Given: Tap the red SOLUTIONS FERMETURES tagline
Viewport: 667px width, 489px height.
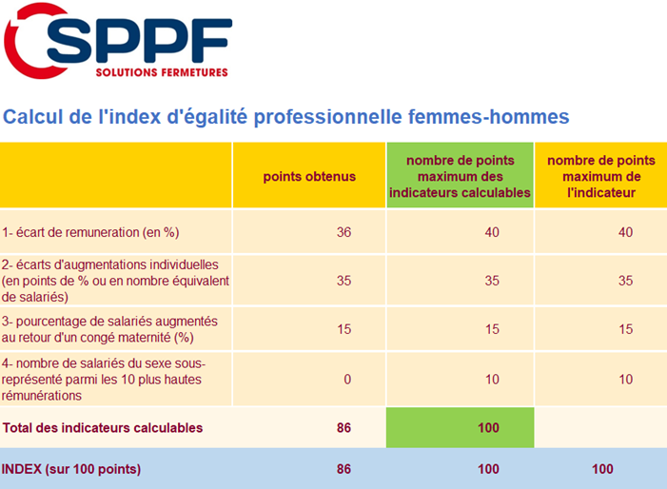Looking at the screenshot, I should [162, 72].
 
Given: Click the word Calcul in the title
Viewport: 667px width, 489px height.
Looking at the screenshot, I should [29, 117].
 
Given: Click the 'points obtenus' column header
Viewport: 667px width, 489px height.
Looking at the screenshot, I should [309, 176].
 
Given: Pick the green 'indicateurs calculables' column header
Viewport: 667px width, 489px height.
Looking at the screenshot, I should [460, 177].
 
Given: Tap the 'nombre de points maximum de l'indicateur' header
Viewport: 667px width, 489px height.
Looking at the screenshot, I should [599, 176].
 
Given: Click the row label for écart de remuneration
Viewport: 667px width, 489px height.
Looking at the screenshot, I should [91, 232].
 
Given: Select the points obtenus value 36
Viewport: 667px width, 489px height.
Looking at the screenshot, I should [344, 232].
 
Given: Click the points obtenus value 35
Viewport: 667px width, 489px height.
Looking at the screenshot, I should [344, 281].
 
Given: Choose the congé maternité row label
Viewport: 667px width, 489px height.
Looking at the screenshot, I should [110, 329].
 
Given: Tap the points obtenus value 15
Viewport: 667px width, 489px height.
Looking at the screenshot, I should [344, 329].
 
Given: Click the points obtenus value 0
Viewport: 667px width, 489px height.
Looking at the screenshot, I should [347, 380].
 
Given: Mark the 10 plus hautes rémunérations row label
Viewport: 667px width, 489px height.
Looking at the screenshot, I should [105, 380].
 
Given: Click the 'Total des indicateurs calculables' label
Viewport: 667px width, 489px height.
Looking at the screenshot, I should [103, 428].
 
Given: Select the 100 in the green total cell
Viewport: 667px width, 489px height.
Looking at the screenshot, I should [488, 428].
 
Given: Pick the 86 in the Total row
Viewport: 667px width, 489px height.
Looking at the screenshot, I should [343, 428].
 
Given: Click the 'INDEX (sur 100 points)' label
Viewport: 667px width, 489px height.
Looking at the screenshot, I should [71, 469].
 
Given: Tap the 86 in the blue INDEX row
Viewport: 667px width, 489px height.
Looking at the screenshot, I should [343, 469].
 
